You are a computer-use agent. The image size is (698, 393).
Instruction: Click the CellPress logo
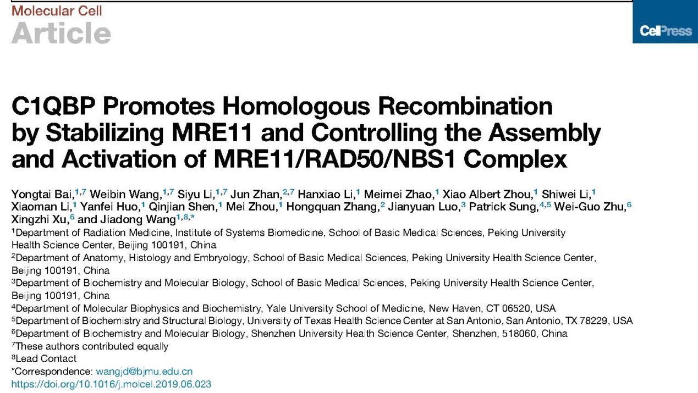pyautogui.click(x=665, y=31)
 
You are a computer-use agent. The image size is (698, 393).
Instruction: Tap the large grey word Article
pyautogui.click(x=61, y=34)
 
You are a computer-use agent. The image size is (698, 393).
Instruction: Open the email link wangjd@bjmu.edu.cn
pyautogui.click(x=144, y=372)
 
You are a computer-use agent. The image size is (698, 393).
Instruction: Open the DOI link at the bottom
pyautogui.click(x=111, y=384)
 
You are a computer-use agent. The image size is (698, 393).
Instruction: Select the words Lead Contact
pyautogui.click(x=46, y=359)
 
